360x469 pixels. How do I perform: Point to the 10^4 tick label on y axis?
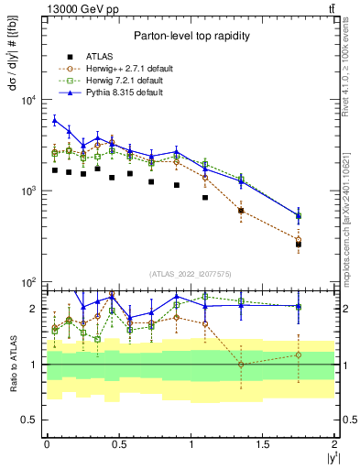point(27,101)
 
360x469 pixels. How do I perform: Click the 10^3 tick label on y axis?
point(27,191)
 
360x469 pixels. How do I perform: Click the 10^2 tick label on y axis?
point(27,282)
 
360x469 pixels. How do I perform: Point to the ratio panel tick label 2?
point(33,309)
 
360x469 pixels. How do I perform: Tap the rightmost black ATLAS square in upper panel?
point(299,245)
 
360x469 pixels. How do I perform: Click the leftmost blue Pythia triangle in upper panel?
point(55,119)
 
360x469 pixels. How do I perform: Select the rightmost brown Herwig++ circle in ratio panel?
point(299,354)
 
